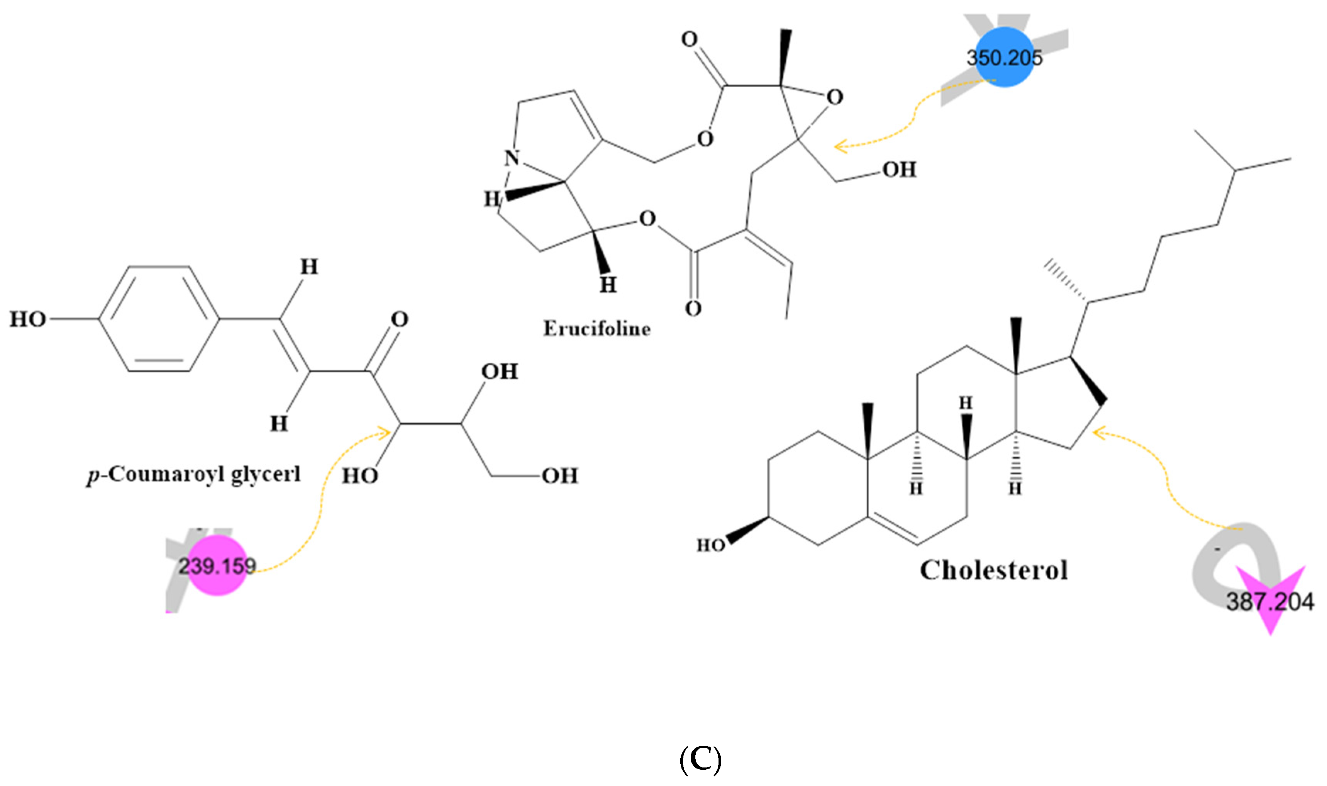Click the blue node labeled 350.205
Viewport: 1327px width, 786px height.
click(1004, 57)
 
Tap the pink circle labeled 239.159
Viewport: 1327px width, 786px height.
click(217, 566)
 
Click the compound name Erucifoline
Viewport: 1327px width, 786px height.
click(597, 329)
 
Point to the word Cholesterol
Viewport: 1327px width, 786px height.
click(993, 571)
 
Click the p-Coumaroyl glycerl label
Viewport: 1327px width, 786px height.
click(194, 474)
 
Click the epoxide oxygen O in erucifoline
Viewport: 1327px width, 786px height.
click(835, 97)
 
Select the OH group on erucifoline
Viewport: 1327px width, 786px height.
click(899, 170)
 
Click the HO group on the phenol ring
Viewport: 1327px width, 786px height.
click(27, 319)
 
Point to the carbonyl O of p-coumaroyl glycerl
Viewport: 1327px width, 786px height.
click(399, 319)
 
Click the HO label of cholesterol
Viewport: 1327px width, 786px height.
click(710, 545)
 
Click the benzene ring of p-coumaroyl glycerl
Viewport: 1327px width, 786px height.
click(159, 319)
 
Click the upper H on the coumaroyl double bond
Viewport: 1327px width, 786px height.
click(309, 267)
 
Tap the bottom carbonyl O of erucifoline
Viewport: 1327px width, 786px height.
click(693, 308)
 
